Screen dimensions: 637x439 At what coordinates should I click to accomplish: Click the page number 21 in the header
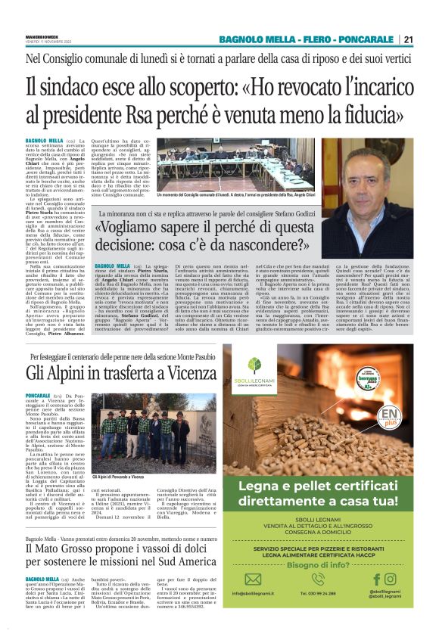pos(407,39)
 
